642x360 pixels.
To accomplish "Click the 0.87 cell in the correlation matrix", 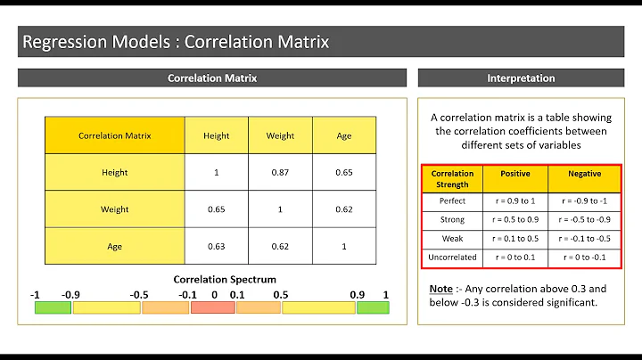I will (x=280, y=172).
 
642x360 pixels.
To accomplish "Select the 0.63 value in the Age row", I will (x=217, y=247).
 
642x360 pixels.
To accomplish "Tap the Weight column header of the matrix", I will (x=280, y=135).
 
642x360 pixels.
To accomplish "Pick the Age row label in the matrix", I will (x=115, y=247).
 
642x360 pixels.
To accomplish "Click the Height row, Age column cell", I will (x=343, y=172).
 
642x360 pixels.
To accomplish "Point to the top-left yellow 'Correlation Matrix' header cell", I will (x=115, y=135).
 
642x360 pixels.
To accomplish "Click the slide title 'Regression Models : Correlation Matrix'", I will (x=176, y=41).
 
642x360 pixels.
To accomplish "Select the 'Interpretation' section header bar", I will (x=521, y=78).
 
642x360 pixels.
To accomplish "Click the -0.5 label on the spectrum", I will (x=138, y=294).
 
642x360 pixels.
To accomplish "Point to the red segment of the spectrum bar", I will (x=212, y=307).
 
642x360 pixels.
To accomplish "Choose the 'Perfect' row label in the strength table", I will (x=453, y=201).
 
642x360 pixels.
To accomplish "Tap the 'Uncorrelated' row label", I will (x=453, y=258).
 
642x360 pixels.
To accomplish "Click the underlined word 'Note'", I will (x=440, y=289).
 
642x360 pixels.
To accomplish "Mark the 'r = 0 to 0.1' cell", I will (x=514, y=258).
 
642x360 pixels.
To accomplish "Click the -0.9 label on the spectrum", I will (x=71, y=294).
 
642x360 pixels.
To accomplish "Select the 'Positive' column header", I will (x=514, y=174).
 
